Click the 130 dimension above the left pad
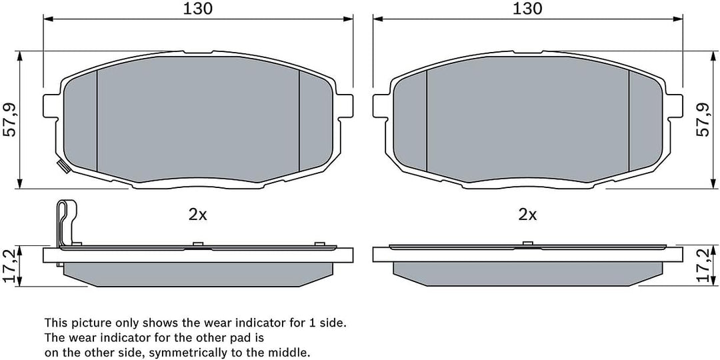(x=198, y=8)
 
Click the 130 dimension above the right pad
(x=527, y=8)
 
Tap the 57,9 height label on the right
(x=703, y=120)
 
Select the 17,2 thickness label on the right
(x=703, y=266)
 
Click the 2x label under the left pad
(x=198, y=215)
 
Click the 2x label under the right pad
(x=527, y=215)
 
